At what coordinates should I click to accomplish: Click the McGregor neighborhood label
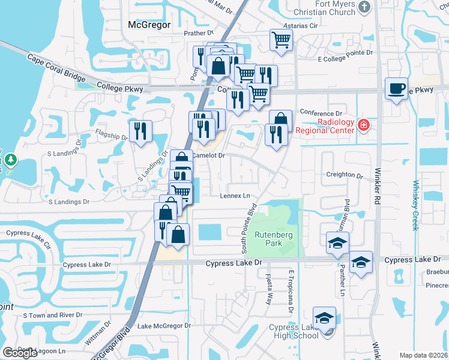tap(149, 25)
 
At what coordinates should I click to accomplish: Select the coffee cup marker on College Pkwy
tap(396, 89)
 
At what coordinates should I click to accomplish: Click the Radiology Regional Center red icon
tap(363, 125)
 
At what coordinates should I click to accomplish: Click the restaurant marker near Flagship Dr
tap(140, 130)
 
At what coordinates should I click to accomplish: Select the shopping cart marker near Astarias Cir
tap(281, 40)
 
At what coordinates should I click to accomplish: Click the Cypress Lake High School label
tap(294, 331)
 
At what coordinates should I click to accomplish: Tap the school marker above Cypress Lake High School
tap(324, 317)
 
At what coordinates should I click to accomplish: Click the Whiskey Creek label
tap(414, 205)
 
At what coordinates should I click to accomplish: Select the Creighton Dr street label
tap(345, 176)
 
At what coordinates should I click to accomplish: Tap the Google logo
tap(20, 353)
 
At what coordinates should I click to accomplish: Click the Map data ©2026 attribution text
tap(423, 355)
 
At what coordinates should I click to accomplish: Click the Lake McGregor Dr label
tap(164, 326)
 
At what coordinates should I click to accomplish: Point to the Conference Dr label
tap(321, 113)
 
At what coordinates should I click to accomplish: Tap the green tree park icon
tap(11, 160)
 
